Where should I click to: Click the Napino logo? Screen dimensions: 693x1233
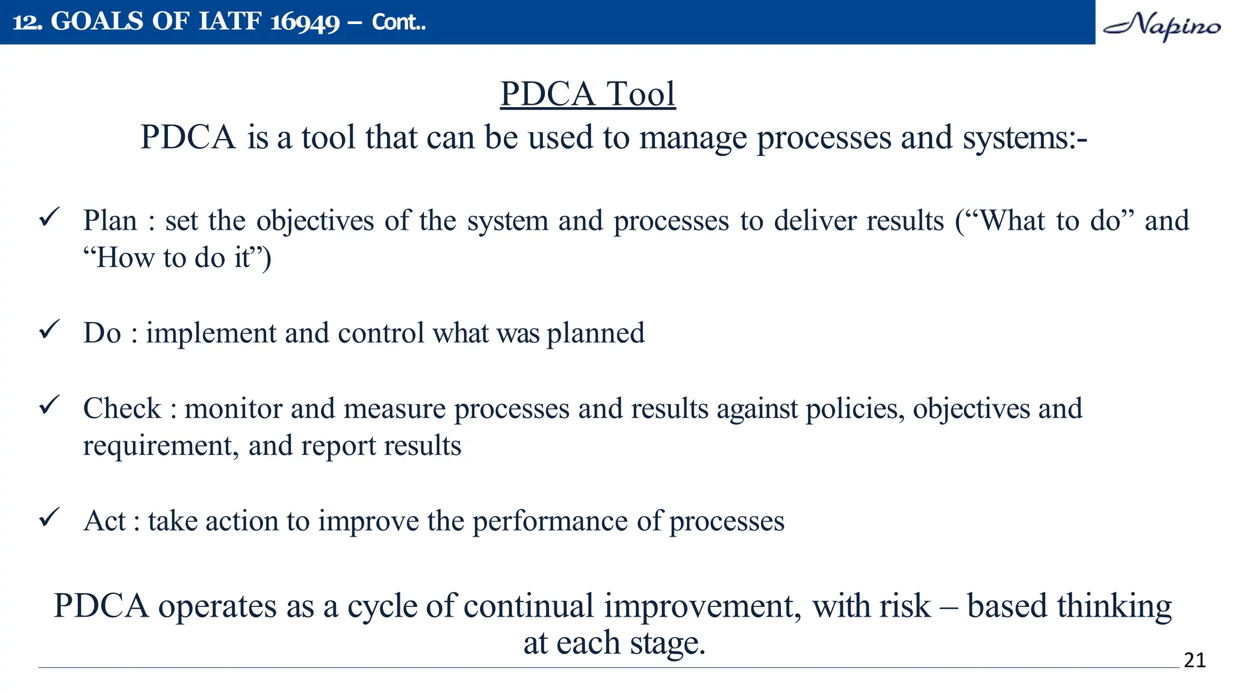coord(1162,25)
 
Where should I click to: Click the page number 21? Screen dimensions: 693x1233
coord(1194,661)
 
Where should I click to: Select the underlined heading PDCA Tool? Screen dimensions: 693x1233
coord(588,94)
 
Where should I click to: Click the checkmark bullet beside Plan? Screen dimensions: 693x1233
coord(49,217)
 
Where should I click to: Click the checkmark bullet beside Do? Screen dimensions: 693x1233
coord(49,329)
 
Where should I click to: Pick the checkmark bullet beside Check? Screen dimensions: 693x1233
coord(49,404)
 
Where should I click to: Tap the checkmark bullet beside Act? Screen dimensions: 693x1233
coord(49,517)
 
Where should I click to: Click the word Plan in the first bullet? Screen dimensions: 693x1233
coord(110,221)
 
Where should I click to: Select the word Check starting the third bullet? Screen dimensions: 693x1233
coord(122,408)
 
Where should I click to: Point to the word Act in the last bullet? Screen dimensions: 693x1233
coord(105,521)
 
